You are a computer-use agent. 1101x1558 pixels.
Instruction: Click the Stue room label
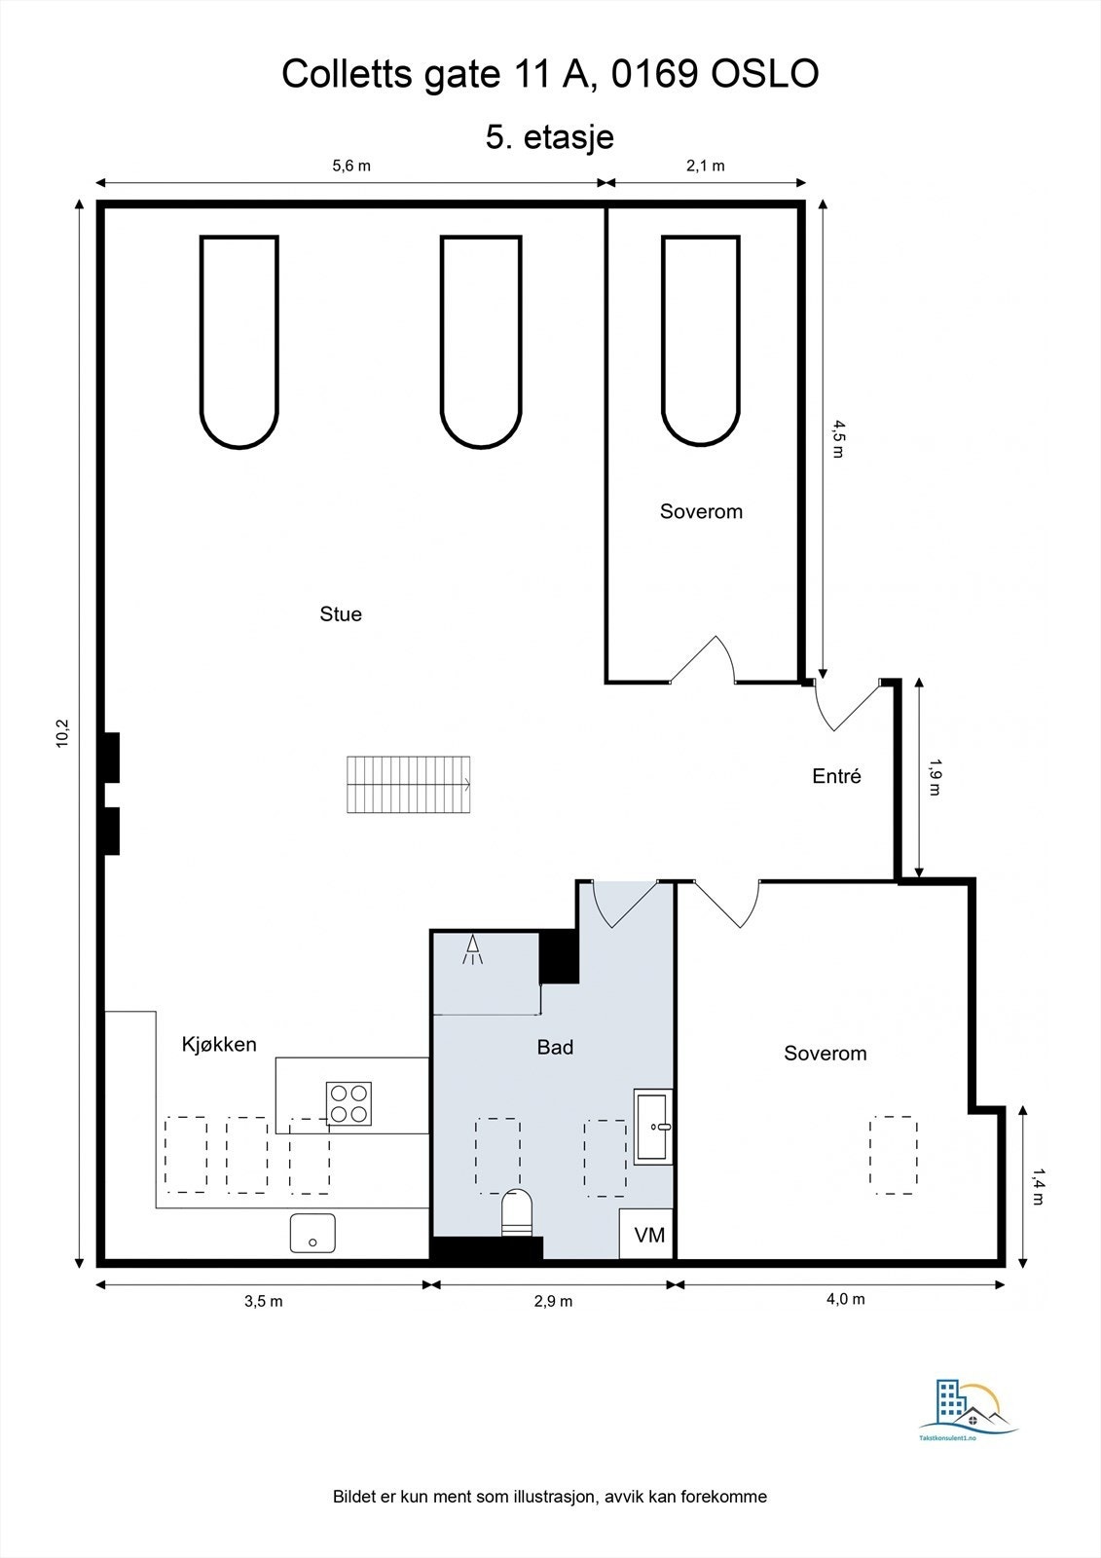[341, 614]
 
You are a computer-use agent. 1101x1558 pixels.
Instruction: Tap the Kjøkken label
[219, 1045]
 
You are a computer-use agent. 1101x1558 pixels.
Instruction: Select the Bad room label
[555, 1048]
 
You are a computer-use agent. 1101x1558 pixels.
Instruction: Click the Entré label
[836, 777]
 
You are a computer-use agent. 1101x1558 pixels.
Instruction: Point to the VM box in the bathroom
[648, 1235]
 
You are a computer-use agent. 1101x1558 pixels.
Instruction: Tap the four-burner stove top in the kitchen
[349, 1104]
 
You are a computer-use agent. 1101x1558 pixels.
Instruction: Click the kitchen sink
[312, 1233]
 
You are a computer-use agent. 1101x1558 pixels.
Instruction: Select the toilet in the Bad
[517, 1215]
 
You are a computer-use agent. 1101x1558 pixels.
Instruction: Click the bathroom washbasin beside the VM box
[653, 1127]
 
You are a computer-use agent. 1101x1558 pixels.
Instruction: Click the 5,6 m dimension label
[351, 166]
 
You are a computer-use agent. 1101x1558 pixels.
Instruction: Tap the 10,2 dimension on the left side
[63, 733]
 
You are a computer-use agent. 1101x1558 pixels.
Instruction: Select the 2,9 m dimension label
[553, 1301]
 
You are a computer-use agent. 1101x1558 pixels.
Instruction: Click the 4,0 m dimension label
[845, 1299]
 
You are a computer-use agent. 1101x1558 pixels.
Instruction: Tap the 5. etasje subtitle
[550, 136]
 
